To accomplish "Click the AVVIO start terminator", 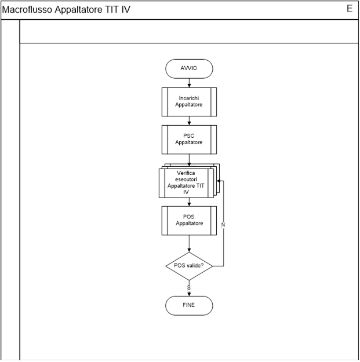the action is click(x=189, y=68).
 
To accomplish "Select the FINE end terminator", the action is click(x=189, y=306).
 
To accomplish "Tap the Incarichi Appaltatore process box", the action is click(x=189, y=102).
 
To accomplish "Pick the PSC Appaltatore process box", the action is click(x=189, y=140).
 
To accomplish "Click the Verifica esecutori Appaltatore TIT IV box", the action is click(x=186, y=183).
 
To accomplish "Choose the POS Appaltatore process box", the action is click(x=189, y=221).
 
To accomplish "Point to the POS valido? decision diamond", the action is click(x=189, y=266).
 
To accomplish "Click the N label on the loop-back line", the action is click(x=223, y=225).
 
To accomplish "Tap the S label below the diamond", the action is click(x=189, y=288).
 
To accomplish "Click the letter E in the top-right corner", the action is click(x=350, y=9).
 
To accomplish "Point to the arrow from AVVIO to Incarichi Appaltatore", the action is click(x=189, y=83).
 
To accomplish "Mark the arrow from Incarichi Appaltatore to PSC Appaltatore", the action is click(x=189, y=120).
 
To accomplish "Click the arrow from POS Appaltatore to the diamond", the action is click(x=189, y=244).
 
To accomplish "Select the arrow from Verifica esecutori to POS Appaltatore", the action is click(x=189, y=202).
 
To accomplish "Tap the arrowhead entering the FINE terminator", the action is click(x=189, y=294).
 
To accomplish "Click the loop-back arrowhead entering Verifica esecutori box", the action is click(x=219, y=181).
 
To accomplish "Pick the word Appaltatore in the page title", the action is click(x=78, y=10).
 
